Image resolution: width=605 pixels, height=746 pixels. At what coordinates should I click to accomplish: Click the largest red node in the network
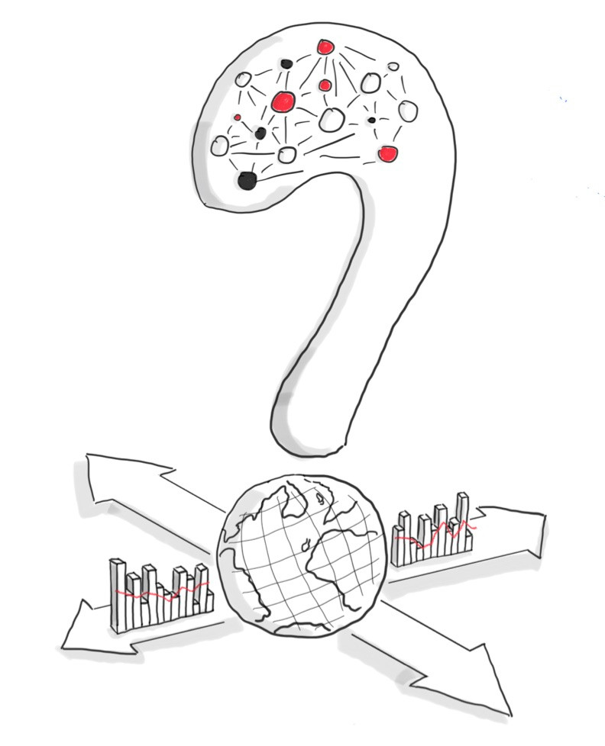click(x=283, y=100)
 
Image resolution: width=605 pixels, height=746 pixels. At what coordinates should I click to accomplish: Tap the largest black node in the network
click(x=246, y=181)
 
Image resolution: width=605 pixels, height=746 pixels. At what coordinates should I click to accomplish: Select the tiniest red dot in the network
click(x=238, y=117)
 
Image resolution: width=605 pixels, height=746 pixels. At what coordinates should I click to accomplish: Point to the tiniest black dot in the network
click(x=371, y=120)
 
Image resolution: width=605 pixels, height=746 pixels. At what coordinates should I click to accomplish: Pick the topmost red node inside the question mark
click(x=325, y=47)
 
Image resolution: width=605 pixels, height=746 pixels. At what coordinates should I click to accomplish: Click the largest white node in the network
click(x=331, y=118)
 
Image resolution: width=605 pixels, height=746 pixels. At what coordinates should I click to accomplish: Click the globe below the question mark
click(x=302, y=557)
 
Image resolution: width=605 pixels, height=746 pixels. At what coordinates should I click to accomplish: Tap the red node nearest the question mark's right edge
click(x=387, y=154)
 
